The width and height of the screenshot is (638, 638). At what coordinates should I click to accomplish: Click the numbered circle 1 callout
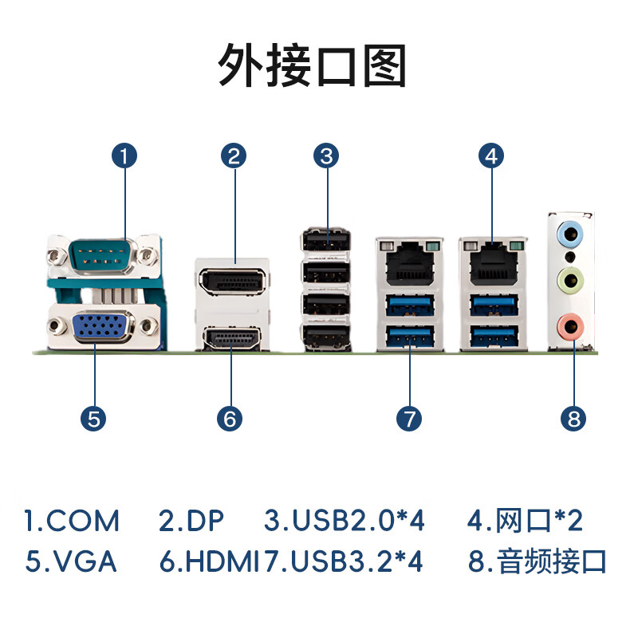124,156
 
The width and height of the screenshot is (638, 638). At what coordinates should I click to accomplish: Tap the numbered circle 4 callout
492,156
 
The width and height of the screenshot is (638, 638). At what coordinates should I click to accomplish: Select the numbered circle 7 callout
408,418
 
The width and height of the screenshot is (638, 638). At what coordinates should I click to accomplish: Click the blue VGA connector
102,326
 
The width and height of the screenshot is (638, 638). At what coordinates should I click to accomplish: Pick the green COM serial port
101,256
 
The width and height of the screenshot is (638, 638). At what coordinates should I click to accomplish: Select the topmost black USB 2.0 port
325,239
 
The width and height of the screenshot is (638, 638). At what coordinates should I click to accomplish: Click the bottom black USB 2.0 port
325,336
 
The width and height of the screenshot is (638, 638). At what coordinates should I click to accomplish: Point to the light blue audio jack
573,234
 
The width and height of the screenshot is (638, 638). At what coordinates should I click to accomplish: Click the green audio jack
573,280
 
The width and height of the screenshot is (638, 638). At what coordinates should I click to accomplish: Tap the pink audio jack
573,325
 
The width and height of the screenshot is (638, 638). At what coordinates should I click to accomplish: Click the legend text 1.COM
72,522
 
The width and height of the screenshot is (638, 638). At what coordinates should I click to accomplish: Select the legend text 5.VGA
72,561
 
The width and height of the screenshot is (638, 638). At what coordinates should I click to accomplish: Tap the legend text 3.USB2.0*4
345,522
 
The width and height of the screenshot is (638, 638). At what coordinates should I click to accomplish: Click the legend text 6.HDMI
209,561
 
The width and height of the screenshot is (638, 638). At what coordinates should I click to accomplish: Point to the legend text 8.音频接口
538,561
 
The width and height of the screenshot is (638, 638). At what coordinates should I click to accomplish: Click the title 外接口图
313,65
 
